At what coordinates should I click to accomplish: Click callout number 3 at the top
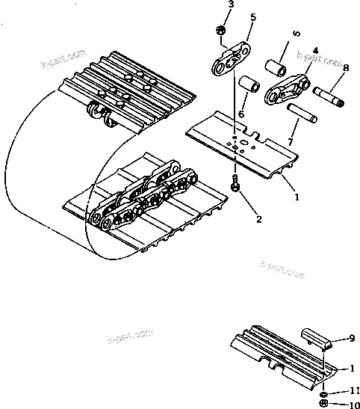coord(231,5)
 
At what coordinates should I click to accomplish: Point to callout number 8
coord(345,68)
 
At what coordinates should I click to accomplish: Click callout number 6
coord(241,114)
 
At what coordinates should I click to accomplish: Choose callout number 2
coord(258,219)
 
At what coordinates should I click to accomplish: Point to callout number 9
coord(353,339)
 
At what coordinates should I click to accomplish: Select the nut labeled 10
coord(323,404)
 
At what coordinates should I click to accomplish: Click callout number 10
coord(353,405)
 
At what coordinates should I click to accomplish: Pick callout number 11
coord(353,391)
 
